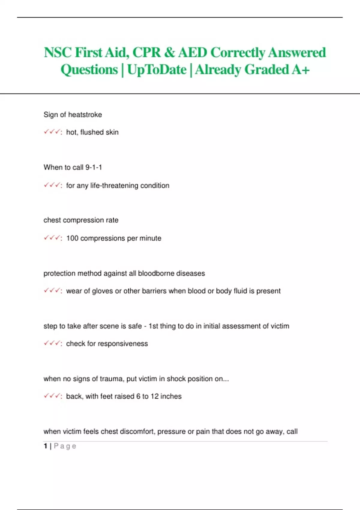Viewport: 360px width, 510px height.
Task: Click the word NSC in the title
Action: pos(58,52)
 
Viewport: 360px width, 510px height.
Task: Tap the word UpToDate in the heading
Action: pos(157,70)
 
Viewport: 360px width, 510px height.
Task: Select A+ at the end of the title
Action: pos(300,70)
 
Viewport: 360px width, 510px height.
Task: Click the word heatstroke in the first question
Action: pos(85,115)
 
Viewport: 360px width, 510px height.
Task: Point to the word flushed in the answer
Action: pos(92,132)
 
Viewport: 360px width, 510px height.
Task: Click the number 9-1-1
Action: pos(94,167)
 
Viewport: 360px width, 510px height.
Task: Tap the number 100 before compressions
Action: pos(72,238)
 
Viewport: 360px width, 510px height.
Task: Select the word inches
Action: pos(171,396)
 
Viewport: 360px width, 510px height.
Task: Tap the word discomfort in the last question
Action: pos(137,431)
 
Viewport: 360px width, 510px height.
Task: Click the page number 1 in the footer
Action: pos(45,446)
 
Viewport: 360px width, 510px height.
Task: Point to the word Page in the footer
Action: pos(65,446)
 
